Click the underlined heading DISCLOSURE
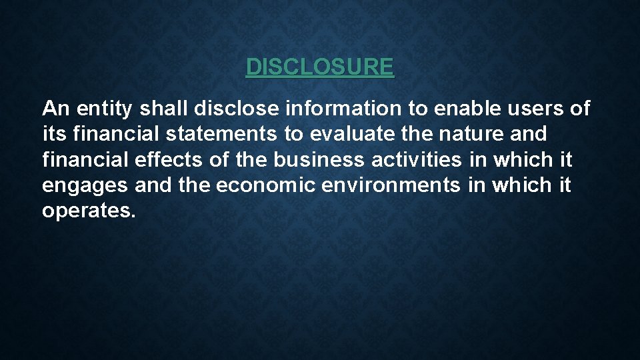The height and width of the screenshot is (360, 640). [x=320, y=67]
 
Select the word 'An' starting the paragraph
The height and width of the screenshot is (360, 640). [x=53, y=108]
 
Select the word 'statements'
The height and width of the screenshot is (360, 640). [x=220, y=134]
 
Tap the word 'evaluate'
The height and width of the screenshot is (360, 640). [x=351, y=134]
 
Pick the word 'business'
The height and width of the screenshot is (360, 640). [x=319, y=160]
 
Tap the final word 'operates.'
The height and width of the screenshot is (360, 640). [x=89, y=212]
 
